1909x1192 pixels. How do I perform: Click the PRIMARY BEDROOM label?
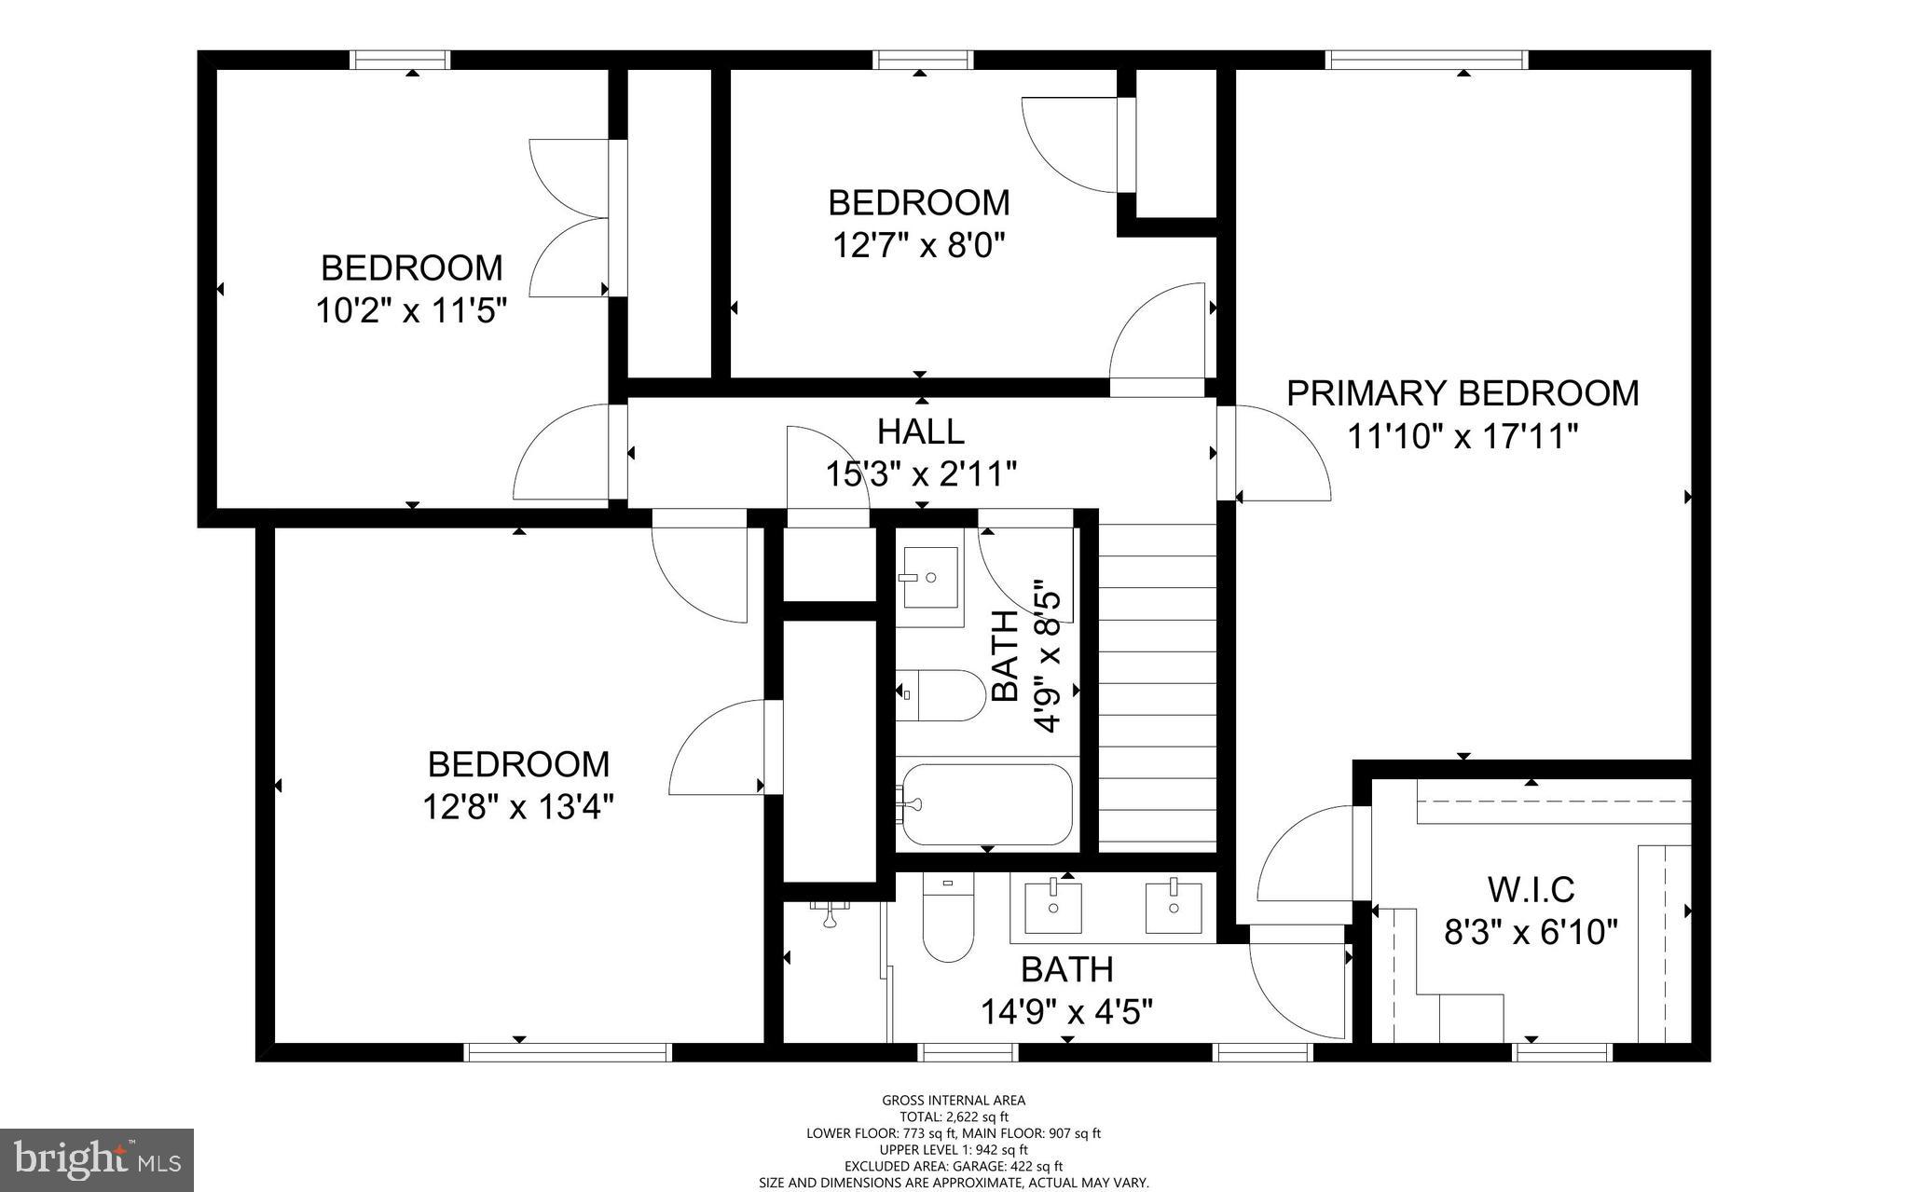pyautogui.click(x=1462, y=393)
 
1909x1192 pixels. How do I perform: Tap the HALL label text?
pyautogui.click(x=920, y=432)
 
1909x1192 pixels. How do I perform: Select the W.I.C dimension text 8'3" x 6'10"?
pyautogui.click(x=1531, y=931)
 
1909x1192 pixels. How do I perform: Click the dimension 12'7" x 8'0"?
pyautogui.click(x=919, y=246)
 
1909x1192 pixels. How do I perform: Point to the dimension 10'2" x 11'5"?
pyautogui.click(x=411, y=310)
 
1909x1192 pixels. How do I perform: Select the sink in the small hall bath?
pyautogui.click(x=931, y=577)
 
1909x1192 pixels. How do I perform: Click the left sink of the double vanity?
pyautogui.click(x=1053, y=907)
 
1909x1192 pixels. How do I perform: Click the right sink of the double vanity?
pyautogui.click(x=1174, y=907)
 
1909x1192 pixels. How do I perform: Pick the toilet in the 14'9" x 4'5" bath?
pyautogui.click(x=947, y=923)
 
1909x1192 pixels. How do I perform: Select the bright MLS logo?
pyautogui.click(x=97, y=1159)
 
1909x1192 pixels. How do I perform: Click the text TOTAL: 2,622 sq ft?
pyautogui.click(x=954, y=1117)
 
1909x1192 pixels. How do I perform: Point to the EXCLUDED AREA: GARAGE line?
pyautogui.click(x=954, y=1166)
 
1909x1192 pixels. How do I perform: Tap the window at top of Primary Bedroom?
pyautogui.click(x=1427, y=60)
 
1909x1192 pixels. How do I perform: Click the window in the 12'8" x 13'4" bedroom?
pyautogui.click(x=568, y=1052)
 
